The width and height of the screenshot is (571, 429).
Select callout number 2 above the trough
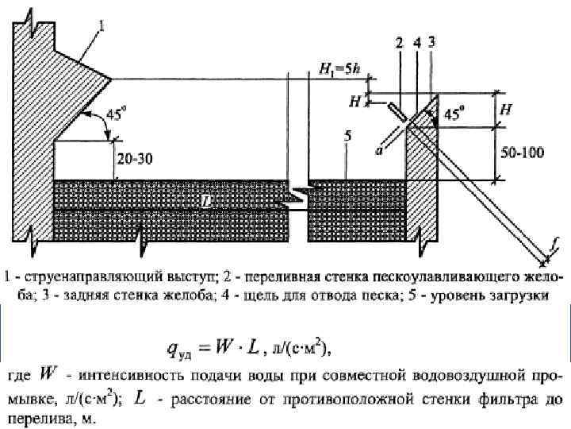pos(400,43)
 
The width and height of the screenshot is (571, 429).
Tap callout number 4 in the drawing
pos(416,43)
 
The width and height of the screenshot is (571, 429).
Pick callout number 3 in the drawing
pos(431,43)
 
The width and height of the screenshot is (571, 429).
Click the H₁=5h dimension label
pos(338,72)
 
